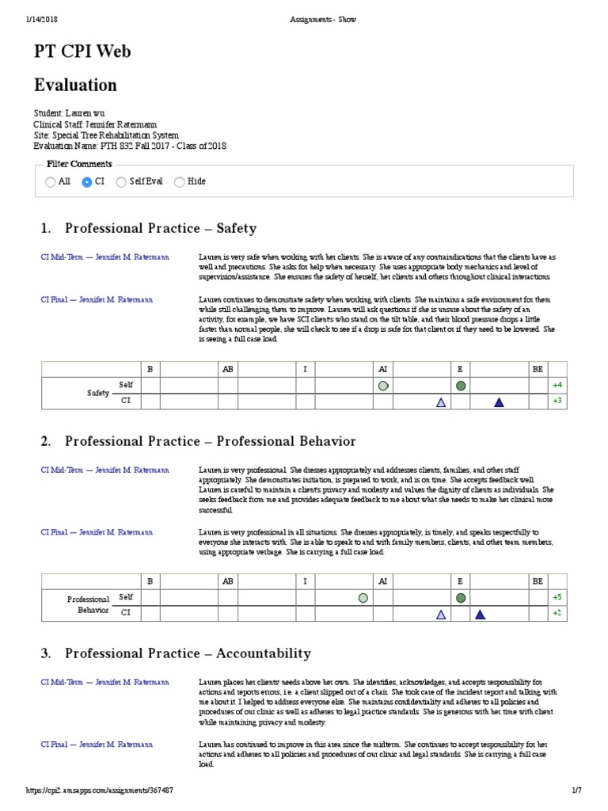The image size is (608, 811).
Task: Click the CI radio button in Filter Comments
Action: click(87, 181)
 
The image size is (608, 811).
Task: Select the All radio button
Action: click(51, 181)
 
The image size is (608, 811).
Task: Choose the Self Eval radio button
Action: click(121, 181)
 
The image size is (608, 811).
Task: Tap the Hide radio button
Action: click(180, 181)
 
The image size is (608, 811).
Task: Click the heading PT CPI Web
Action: click(82, 51)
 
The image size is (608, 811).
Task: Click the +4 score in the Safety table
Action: click(557, 385)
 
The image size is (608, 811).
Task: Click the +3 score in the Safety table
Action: click(557, 402)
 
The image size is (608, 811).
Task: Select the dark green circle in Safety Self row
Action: click(461, 386)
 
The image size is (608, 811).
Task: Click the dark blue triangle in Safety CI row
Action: click(499, 402)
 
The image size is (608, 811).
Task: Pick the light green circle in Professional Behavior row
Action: click(363, 597)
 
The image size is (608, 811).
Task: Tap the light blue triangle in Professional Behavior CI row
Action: click(441, 614)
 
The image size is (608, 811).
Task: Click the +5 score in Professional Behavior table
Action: click(557, 596)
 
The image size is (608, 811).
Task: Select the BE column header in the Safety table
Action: click(538, 368)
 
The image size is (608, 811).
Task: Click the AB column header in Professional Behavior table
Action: click(228, 581)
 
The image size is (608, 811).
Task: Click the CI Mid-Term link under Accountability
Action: click(104, 682)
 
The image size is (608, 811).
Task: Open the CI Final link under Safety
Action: click(97, 300)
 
